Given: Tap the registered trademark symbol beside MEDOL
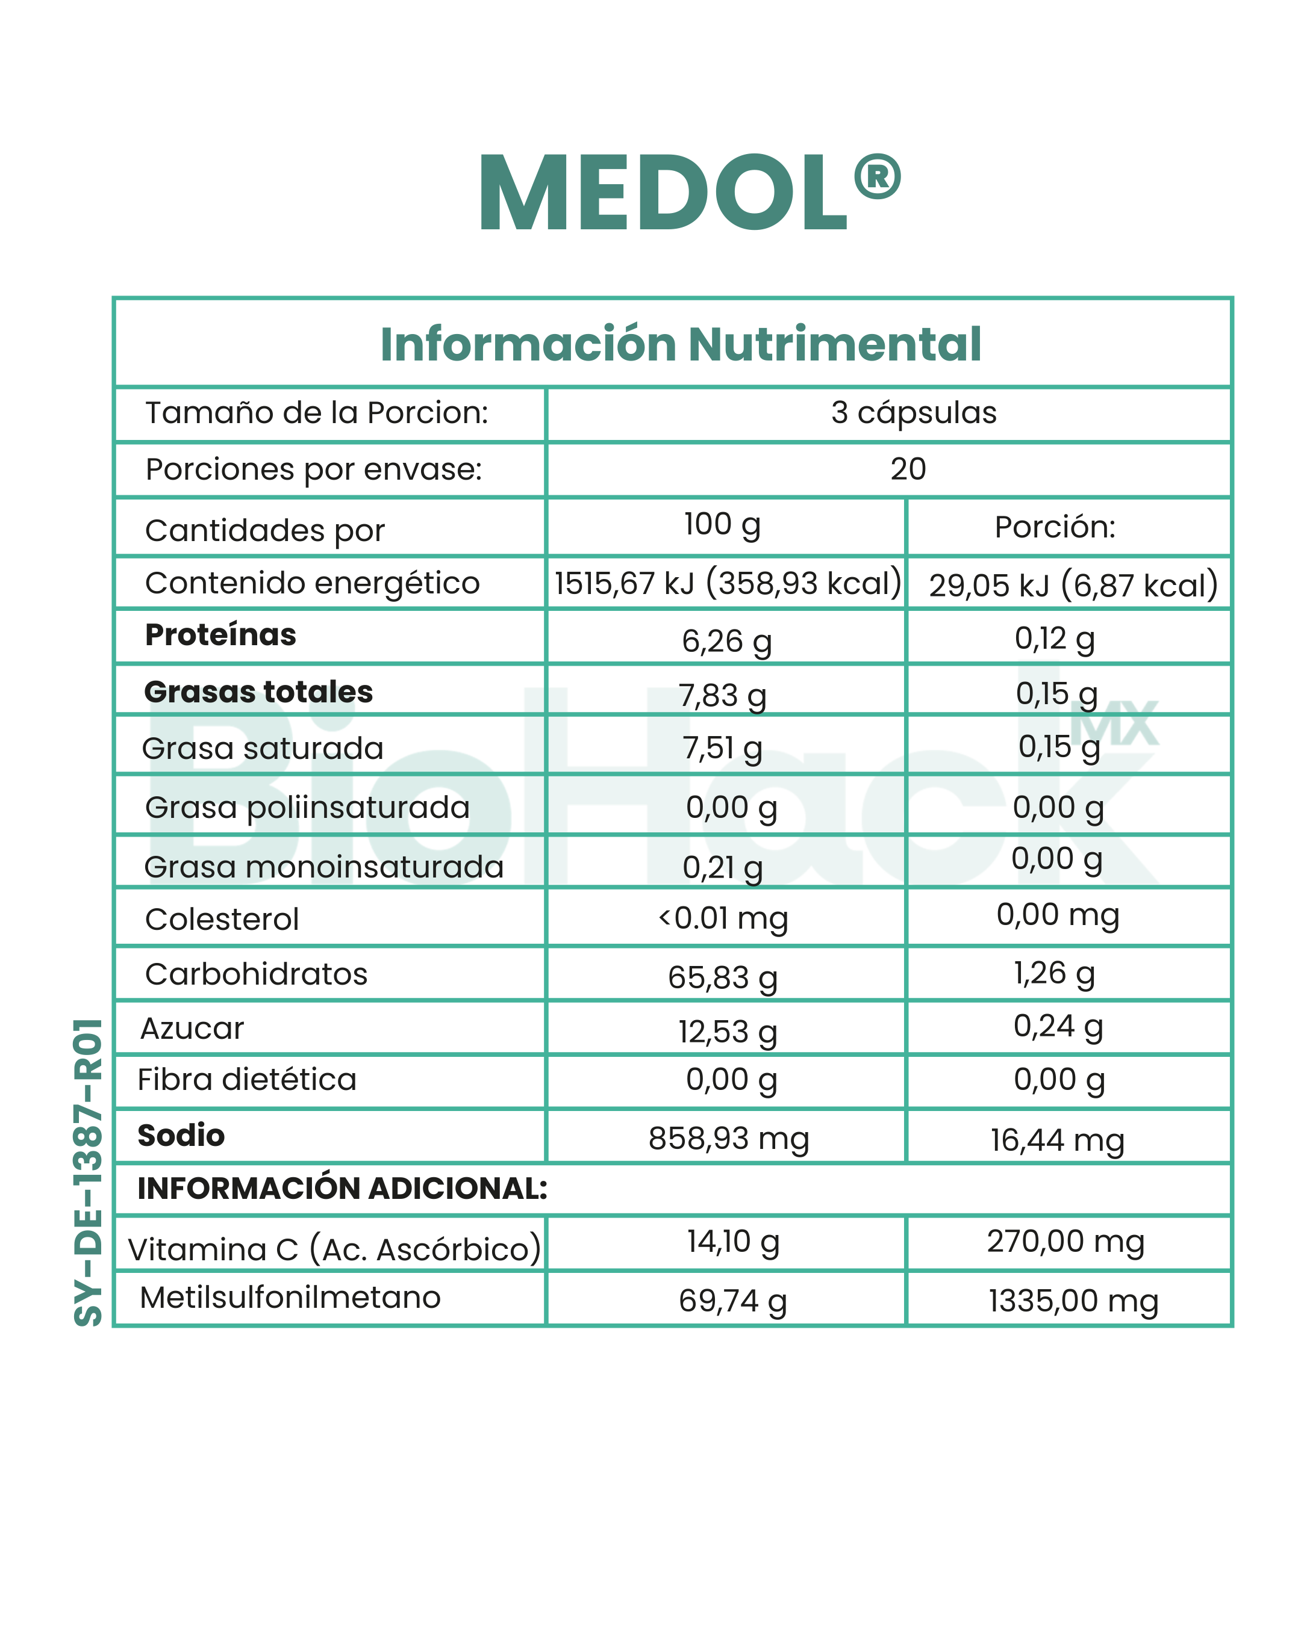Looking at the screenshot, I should (x=877, y=177).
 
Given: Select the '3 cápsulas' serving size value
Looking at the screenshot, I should (x=913, y=412).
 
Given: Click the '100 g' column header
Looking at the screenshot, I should (x=722, y=525).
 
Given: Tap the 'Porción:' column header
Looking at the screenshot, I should (x=1055, y=527).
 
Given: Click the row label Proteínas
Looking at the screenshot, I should (x=220, y=634).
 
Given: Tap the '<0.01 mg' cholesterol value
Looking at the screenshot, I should (x=723, y=918).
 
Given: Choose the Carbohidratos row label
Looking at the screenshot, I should (x=255, y=974).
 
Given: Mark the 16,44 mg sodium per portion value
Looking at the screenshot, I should (x=1056, y=1141).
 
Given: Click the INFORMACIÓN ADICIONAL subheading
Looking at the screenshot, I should (x=342, y=1189).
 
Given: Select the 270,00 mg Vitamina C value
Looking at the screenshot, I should (x=1065, y=1242).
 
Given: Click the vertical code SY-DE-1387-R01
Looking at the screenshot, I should (x=89, y=1172).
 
